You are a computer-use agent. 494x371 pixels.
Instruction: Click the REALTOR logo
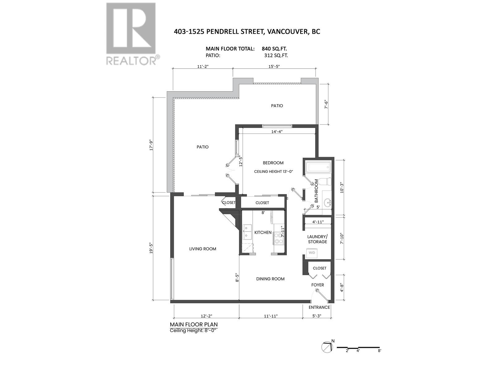132,34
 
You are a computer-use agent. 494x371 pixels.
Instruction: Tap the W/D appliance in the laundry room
312,253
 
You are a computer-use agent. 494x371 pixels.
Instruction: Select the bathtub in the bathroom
318,168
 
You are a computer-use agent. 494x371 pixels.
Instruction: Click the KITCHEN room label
263,232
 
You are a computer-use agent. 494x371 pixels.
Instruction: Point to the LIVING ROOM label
203,249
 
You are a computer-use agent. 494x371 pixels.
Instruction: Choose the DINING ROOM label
270,279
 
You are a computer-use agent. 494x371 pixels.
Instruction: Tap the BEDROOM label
273,163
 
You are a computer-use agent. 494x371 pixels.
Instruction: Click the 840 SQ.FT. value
274,49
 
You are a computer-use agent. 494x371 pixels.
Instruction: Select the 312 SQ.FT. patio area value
276,56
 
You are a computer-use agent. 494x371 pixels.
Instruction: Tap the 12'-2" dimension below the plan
207,316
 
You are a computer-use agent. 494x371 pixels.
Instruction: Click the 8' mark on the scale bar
379,351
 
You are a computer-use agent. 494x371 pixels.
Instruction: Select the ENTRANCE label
319,307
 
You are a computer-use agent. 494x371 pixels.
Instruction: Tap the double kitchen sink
248,232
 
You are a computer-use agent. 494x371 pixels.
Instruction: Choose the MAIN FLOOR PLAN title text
194,325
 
